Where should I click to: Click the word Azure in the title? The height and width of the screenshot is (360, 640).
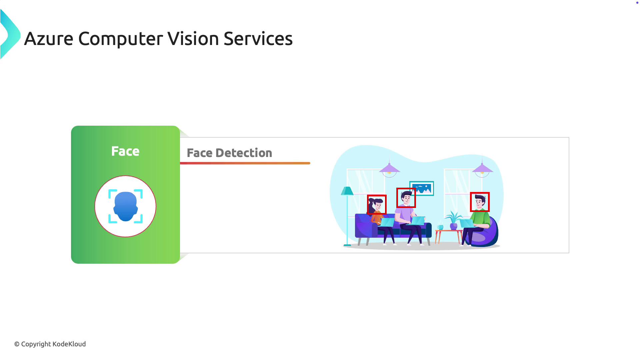click(49, 39)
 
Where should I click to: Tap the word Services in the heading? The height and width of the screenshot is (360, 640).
click(258, 39)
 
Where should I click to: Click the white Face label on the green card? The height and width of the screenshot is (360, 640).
click(125, 151)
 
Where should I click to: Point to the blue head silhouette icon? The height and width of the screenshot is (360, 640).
click(125, 206)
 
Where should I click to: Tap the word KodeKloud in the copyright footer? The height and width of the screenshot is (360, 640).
click(69, 344)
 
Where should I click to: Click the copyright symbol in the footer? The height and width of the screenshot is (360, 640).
click(17, 344)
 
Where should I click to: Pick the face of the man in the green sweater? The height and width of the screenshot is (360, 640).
click(479, 202)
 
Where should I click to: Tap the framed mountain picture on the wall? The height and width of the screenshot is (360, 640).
click(422, 188)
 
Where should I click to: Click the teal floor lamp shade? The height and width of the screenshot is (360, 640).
click(347, 191)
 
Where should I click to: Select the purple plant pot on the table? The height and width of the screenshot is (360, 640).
click(454, 227)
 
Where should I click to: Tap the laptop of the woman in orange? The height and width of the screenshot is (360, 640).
click(387, 222)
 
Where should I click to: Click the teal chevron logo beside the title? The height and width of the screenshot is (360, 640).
click(10, 34)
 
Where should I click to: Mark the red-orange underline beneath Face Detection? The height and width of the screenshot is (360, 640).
click(245, 163)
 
